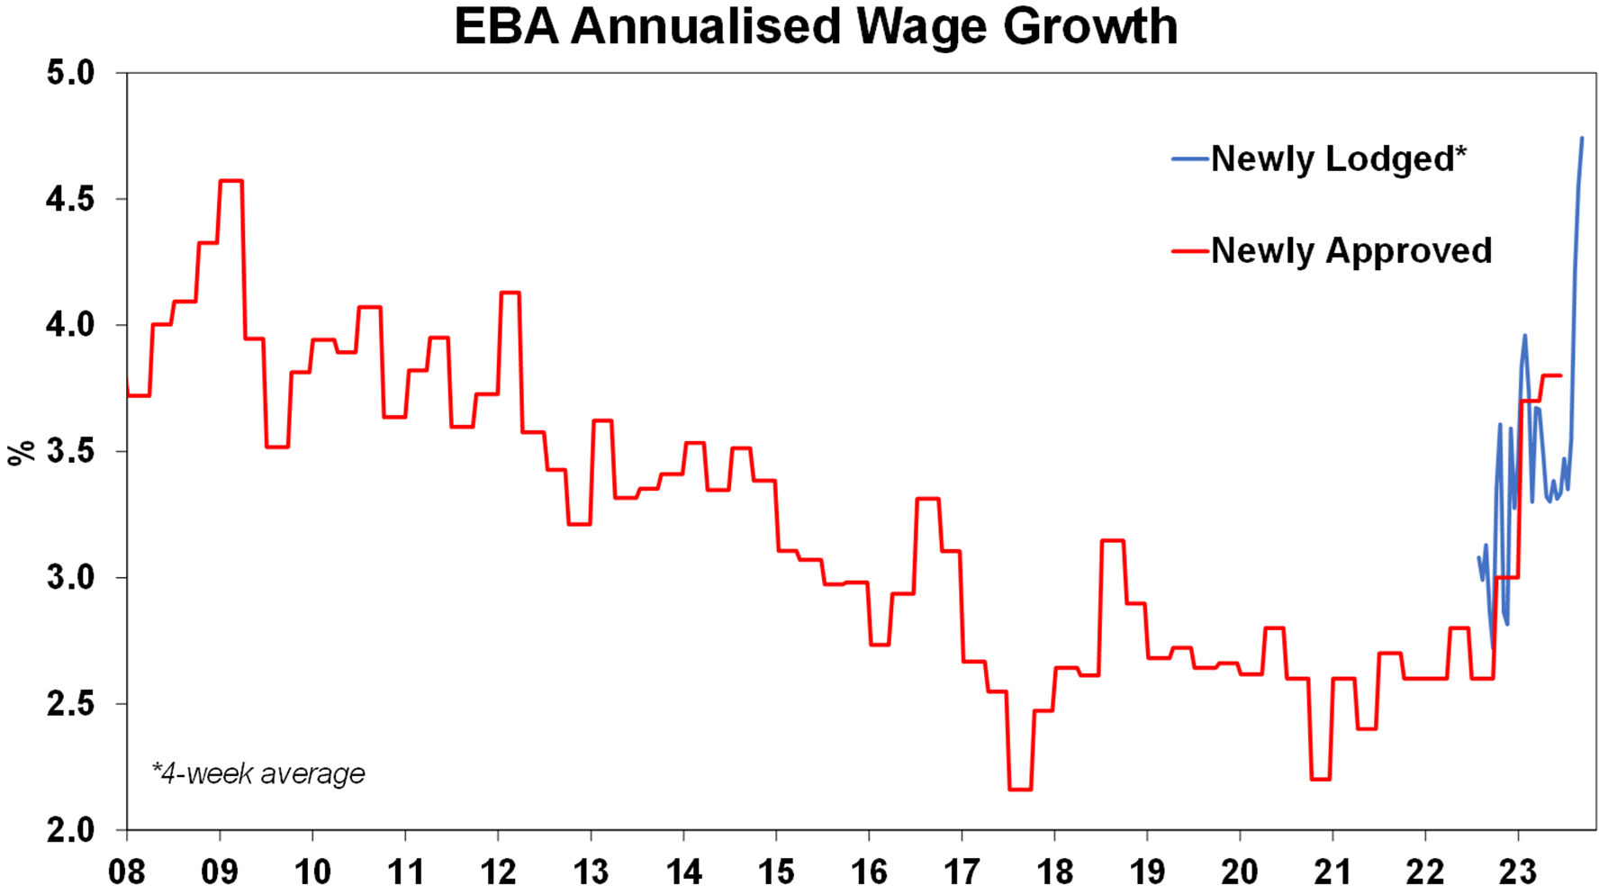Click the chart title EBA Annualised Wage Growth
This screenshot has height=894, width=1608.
[816, 27]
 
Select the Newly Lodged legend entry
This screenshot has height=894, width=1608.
[1338, 159]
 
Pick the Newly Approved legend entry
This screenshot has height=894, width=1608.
[1351, 251]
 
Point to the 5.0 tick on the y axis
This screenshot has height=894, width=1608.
[71, 73]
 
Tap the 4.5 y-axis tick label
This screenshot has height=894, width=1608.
[71, 199]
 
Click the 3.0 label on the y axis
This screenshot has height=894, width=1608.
[71, 577]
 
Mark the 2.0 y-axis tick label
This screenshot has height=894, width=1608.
[71, 829]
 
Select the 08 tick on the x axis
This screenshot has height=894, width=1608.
[127, 871]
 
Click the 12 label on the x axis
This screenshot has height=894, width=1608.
[498, 871]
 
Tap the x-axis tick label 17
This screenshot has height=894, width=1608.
[962, 871]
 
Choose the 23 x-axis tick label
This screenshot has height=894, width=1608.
[1518, 871]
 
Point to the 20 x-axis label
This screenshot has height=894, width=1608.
[1240, 871]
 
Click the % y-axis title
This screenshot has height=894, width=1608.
[22, 452]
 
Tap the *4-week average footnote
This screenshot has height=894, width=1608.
[258, 773]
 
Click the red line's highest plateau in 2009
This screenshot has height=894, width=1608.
[231, 181]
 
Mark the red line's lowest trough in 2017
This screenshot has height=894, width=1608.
[1020, 790]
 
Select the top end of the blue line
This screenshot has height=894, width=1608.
[1582, 139]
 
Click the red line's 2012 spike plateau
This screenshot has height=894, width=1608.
[510, 293]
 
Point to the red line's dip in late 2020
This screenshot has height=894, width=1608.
[1321, 779]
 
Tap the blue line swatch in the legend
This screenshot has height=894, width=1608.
[1189, 159]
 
